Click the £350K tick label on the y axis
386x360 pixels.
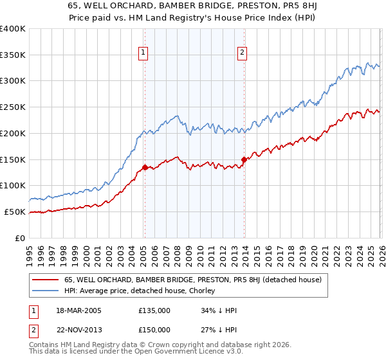click(x=13, y=55)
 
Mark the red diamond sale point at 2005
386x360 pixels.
click(x=145, y=167)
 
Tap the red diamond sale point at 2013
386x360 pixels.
click(x=244, y=159)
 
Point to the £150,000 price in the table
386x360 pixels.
click(x=154, y=330)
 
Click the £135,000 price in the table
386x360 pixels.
click(x=154, y=310)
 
